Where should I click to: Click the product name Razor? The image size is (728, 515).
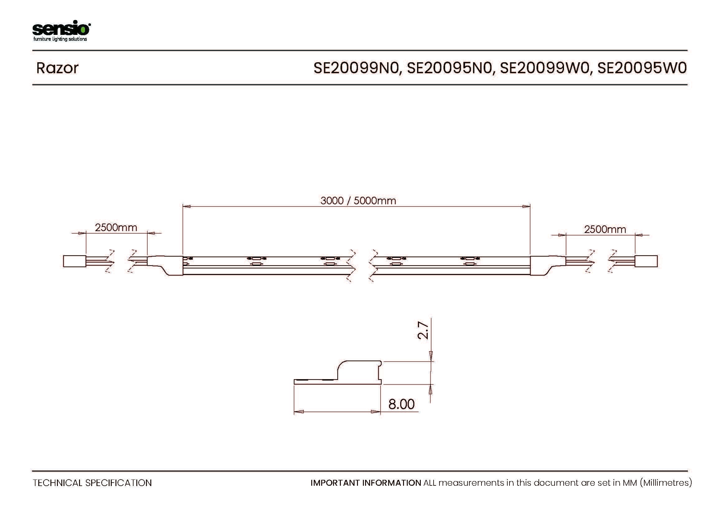pos(57,68)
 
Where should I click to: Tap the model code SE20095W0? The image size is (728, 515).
pos(642,68)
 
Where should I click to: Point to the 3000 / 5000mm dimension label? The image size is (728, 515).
pos(358,201)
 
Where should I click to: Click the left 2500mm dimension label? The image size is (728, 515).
pos(116,227)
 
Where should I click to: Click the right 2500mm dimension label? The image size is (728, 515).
pos(605,229)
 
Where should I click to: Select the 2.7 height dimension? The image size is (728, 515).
pos(423,330)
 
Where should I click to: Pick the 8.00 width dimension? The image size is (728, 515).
pos(402,404)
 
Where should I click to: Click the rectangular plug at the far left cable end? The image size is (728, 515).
pos(74,261)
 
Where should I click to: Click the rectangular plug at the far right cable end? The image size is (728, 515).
pos(646,261)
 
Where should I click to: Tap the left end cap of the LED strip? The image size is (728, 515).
pos(166,265)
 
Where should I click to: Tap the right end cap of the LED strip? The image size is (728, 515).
pos(547,265)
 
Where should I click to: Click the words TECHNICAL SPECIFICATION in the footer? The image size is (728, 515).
pos(92,483)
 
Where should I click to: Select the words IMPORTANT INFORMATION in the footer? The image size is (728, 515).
pos(366,483)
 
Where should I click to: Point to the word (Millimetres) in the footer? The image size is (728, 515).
pos(666,483)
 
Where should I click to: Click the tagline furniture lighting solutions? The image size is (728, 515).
pos(60,39)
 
